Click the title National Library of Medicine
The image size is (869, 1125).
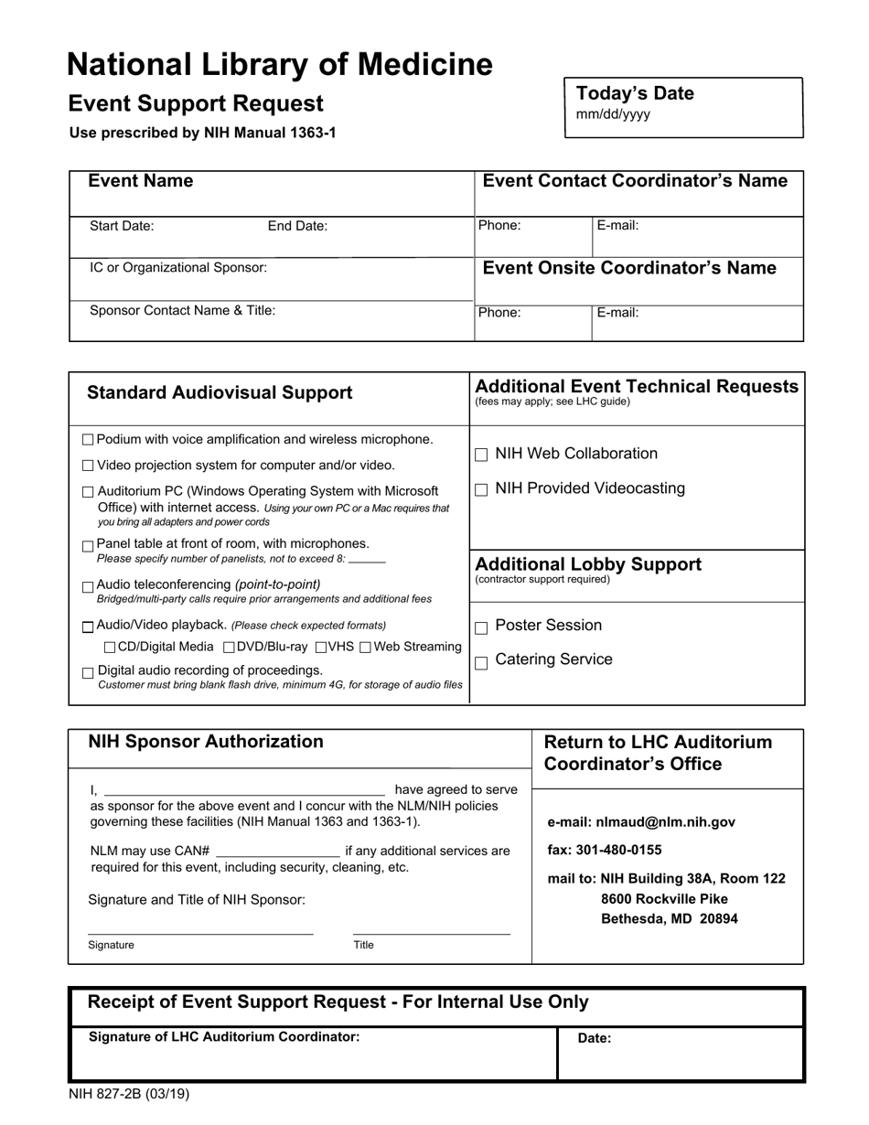tap(280, 65)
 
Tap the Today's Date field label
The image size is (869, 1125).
tap(635, 93)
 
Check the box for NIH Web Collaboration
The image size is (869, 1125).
tap(482, 455)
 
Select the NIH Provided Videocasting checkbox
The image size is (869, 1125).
tap(482, 489)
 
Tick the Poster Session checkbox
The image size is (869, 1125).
tap(482, 628)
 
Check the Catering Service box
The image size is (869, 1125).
tap(482, 662)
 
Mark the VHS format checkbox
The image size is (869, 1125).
tap(321, 648)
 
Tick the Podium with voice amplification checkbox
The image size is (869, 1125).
tap(88, 440)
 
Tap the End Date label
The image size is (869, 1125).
tap(297, 226)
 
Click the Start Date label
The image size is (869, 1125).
tap(122, 226)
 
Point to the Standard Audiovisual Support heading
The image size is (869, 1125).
tap(220, 393)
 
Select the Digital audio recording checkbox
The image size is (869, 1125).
tap(88, 673)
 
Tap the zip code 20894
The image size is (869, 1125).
tap(719, 919)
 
